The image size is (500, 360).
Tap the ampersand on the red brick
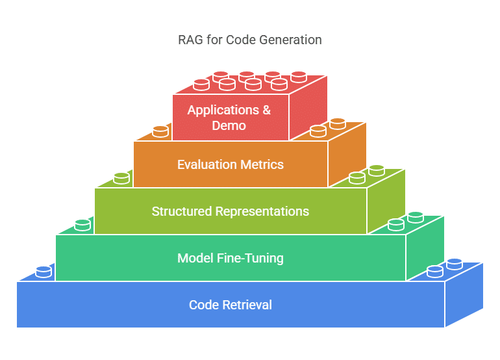(267, 110)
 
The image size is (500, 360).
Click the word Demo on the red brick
(229, 126)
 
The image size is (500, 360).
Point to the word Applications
(223, 110)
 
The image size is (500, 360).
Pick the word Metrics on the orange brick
(262, 164)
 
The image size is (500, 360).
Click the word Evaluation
(207, 164)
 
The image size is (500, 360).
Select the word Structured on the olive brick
(182, 211)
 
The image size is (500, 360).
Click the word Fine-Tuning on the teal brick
(250, 258)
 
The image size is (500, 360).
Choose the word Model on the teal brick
(195, 258)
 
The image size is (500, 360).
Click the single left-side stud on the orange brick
(160, 131)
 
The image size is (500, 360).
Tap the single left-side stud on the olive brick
(121, 178)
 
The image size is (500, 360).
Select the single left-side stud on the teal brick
(82, 225)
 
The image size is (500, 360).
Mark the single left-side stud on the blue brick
(44, 272)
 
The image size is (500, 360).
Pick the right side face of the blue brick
(464, 294)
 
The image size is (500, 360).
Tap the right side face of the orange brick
(347, 155)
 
